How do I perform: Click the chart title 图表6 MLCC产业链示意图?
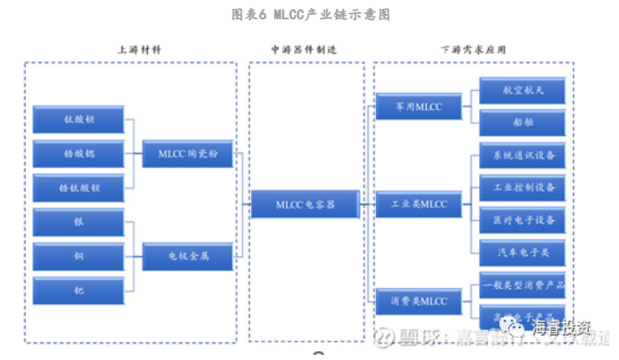(310, 15)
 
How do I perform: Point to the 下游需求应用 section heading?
(473, 51)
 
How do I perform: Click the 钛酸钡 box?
(78, 119)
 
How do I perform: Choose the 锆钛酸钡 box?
(78, 187)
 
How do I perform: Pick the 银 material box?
(78, 222)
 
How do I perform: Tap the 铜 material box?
(78, 256)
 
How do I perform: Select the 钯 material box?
(78, 290)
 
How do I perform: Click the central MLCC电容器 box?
(306, 204)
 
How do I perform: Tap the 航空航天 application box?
(523, 90)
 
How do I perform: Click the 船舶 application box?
(523, 122)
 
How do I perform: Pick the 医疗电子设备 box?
(523, 219)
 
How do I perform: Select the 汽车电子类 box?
(523, 252)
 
